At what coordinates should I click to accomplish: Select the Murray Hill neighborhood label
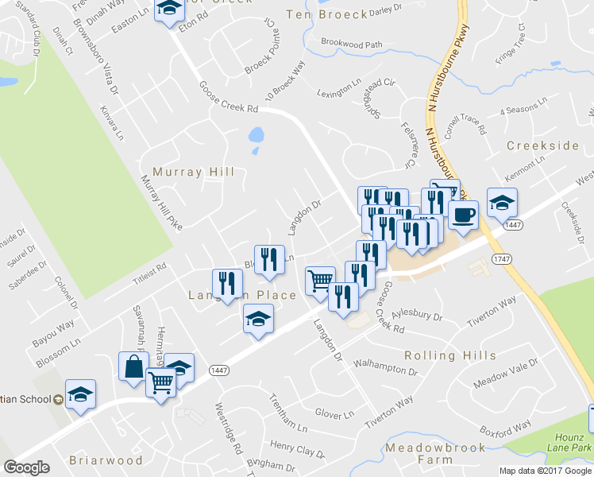pyautogui.click(x=193, y=172)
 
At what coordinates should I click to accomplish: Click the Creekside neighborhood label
pyautogui.click(x=543, y=146)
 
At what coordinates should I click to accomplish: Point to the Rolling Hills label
pyautogui.click(x=450, y=355)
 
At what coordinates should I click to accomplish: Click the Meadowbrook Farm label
pyautogui.click(x=434, y=453)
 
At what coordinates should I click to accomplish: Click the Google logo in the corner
pyautogui.click(x=26, y=467)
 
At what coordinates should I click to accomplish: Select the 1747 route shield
pyautogui.click(x=501, y=259)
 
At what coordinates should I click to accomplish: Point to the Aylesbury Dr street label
pyautogui.click(x=416, y=316)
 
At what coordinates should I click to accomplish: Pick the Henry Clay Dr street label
pyautogui.click(x=298, y=450)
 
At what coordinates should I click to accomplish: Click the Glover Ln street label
pyautogui.click(x=334, y=414)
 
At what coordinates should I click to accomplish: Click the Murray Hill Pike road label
pyautogui.click(x=161, y=203)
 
